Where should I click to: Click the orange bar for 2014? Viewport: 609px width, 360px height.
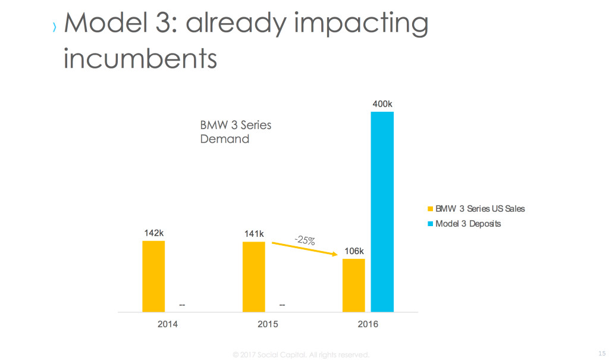point(153,276)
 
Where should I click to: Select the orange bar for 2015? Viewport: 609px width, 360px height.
point(254,277)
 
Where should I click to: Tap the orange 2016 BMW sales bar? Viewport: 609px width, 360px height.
point(354,285)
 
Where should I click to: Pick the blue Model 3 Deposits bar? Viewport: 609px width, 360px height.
point(382,211)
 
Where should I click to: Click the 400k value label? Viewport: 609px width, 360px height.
point(382,104)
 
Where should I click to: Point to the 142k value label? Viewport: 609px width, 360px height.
point(153,233)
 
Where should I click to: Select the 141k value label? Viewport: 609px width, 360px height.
point(254,233)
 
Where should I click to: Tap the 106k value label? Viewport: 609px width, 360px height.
point(354,251)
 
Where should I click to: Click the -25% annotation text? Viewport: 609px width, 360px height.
point(304,240)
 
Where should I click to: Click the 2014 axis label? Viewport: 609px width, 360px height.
point(167,324)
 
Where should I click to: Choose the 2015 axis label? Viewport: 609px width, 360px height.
point(268,324)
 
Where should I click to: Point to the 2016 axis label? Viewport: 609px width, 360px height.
point(368,324)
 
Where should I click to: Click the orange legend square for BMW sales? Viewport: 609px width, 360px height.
point(430,209)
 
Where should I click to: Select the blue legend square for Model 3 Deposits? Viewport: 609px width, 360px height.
point(430,224)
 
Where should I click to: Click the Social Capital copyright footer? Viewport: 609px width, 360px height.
point(302,355)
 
